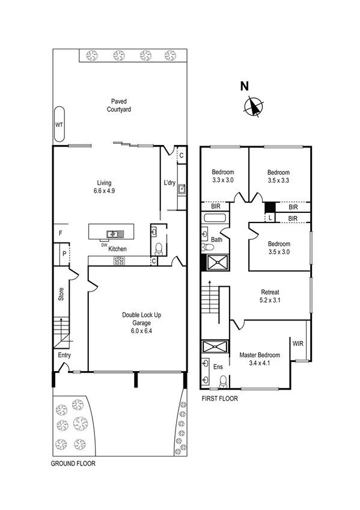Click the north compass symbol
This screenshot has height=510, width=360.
[254, 106]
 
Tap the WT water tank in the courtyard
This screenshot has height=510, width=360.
[59, 124]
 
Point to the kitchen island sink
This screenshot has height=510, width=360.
[113, 233]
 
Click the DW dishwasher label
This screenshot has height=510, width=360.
[104, 244]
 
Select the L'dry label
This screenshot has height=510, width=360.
[169, 183]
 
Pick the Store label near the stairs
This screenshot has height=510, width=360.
[61, 294]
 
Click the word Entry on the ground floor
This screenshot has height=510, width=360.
[64, 355]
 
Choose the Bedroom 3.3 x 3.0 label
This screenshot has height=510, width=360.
[223, 176]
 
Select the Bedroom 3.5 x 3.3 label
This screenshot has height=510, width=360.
[278, 176]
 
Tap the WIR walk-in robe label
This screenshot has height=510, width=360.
[297, 344]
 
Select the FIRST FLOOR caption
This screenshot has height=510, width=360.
[219, 399]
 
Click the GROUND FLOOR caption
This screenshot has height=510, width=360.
[73, 464]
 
